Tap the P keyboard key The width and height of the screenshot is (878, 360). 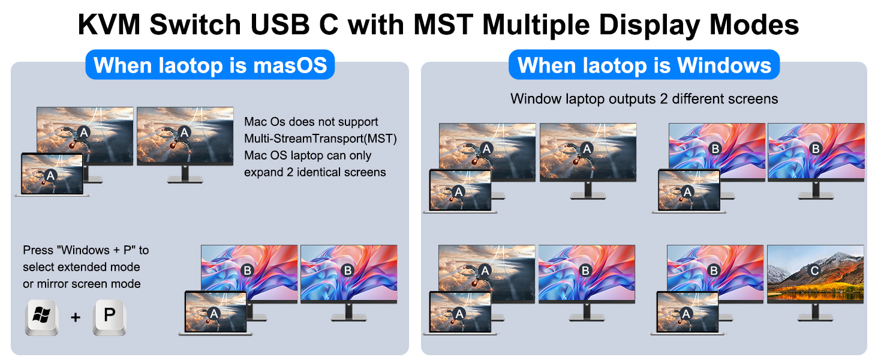click(x=109, y=316)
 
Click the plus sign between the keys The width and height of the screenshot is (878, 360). click(x=76, y=317)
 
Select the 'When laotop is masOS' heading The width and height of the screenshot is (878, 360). click(x=210, y=65)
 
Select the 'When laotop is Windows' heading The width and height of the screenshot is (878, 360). click(x=644, y=65)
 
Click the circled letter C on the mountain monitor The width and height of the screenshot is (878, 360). click(x=814, y=271)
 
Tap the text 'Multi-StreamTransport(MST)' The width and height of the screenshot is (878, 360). click(x=320, y=139)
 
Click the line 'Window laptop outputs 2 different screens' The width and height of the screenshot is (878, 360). click(x=644, y=99)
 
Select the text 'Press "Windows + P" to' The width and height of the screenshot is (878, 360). click(x=86, y=250)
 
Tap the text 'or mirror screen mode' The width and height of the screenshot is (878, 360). click(x=82, y=284)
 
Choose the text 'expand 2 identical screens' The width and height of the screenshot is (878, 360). click(x=315, y=172)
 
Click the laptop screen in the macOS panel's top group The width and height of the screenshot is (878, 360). click(x=52, y=174)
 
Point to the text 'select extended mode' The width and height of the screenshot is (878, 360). click(x=82, y=266)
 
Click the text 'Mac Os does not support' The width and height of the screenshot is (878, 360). click(x=311, y=122)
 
